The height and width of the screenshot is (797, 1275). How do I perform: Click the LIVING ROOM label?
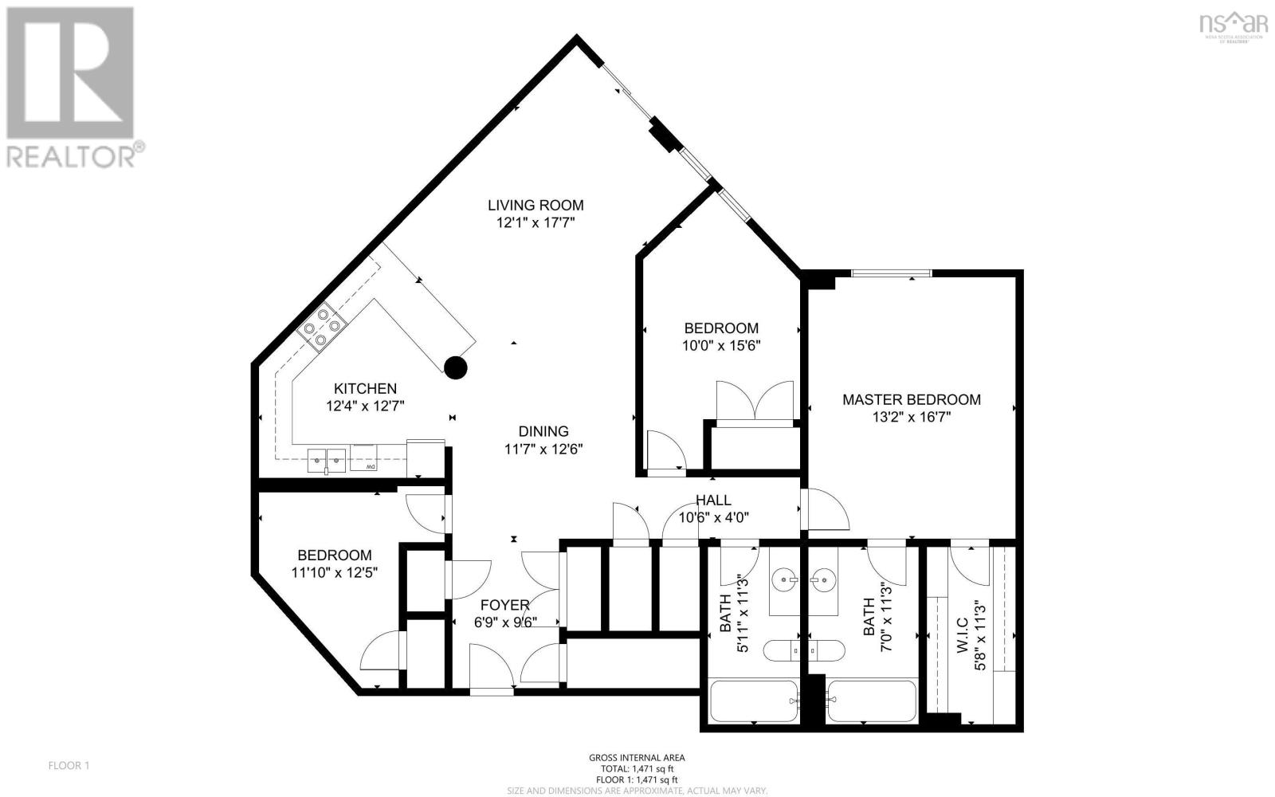[x=535, y=205]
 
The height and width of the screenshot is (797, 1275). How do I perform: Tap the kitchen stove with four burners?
[x=323, y=328]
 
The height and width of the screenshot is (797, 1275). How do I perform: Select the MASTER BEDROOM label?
[x=912, y=399]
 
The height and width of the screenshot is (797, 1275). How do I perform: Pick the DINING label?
[x=543, y=431]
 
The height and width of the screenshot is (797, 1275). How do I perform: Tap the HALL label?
[x=713, y=500]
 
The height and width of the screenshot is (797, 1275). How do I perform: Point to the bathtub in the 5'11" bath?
[x=752, y=701]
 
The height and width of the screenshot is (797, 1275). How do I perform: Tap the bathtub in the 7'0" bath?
[x=872, y=701]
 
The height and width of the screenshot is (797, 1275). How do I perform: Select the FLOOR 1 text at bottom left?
[x=69, y=766]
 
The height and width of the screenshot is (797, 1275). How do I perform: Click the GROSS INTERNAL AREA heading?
[x=637, y=758]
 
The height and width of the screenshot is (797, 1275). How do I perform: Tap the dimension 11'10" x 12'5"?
[x=334, y=572]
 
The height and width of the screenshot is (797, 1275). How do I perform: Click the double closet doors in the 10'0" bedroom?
[x=755, y=401]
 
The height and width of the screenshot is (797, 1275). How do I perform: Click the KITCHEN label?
[x=365, y=388]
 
